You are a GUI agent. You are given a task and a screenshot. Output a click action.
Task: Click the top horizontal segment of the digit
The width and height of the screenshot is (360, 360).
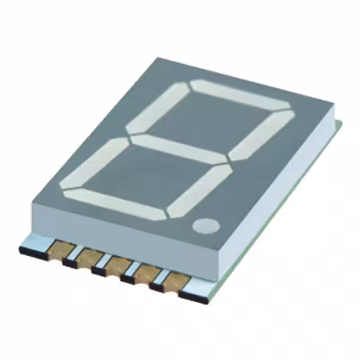point(239,94)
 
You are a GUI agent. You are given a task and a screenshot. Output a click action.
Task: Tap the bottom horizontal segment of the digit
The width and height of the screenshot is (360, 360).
point(115,204)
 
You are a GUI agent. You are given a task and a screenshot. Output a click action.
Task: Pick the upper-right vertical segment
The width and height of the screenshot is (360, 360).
point(262,135)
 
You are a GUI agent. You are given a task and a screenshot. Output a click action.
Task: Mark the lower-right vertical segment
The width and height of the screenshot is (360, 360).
point(200,191)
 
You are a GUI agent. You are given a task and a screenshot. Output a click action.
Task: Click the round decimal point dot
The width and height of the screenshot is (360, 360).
point(206,226)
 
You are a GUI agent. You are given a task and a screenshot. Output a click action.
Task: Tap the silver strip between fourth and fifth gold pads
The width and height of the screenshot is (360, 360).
point(160,280)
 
